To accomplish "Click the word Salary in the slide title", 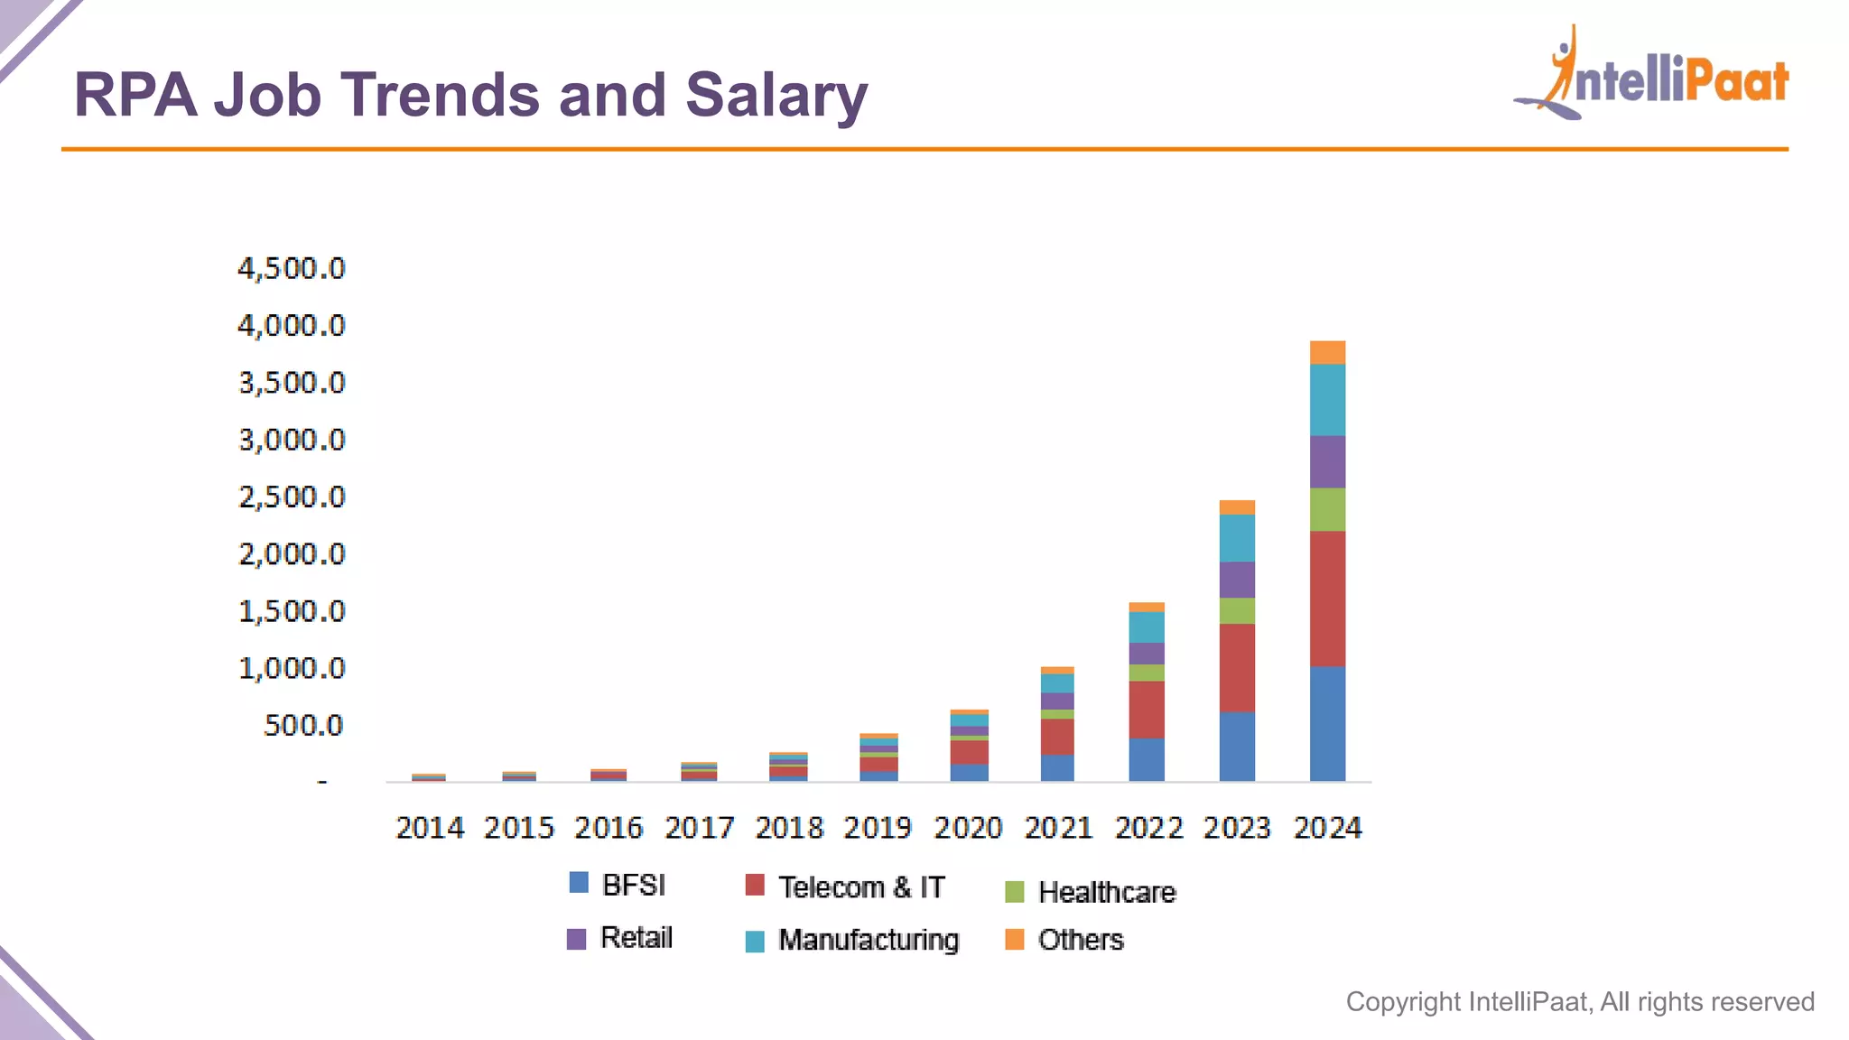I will coord(776,96).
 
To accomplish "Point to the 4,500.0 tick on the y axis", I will coord(291,268).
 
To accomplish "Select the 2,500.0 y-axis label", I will coord(291,497).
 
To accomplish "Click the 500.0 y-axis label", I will coord(303,725).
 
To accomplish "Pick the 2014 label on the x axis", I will coord(430,828).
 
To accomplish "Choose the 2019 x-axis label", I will coord(878,828).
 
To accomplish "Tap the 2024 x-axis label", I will coord(1327,828).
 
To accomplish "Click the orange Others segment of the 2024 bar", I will coord(1327,352).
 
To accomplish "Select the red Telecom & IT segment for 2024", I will coord(1327,599).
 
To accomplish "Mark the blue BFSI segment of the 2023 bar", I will coord(1237,746).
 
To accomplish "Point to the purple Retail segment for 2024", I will coord(1327,461).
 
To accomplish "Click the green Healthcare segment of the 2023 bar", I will coord(1237,610).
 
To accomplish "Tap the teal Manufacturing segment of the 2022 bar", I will coord(1147,627).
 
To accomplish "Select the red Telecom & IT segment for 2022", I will coord(1147,710).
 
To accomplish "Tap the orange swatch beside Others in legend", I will coord(1015,940).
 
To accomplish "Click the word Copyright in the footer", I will coord(1403,1002).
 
